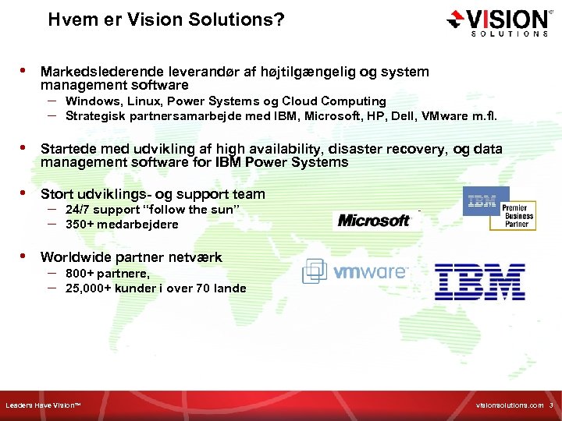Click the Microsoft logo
374,221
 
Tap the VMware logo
355,271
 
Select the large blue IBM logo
479,281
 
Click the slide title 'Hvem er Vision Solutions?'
165,20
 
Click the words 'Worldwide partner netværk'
131,256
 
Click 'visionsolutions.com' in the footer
507,406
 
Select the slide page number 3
550,406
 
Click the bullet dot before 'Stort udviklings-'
23,193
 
